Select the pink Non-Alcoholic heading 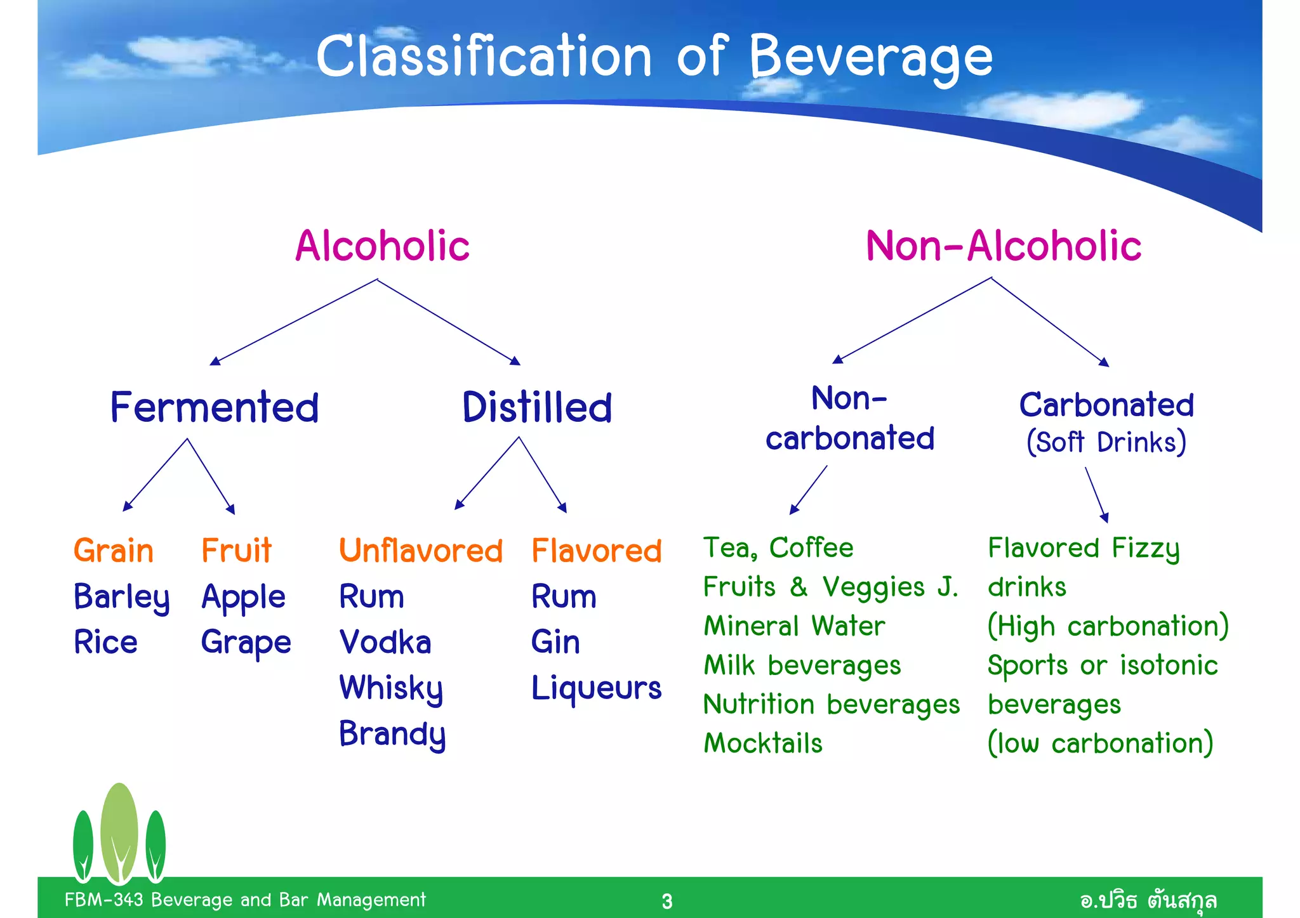(1003, 246)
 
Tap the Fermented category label (215, 407)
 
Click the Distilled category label (537, 407)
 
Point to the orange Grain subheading (114, 550)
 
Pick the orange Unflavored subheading (420, 550)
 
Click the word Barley (121, 597)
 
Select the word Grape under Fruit (246, 643)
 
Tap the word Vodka (385, 642)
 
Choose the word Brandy (392, 734)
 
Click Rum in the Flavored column (564, 597)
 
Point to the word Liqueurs (596, 688)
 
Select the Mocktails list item (763, 744)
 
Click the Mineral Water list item (794, 626)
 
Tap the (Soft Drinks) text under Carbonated (1106, 442)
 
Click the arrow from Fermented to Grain (156, 474)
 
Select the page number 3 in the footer (667, 901)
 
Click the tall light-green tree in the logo (119, 831)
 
